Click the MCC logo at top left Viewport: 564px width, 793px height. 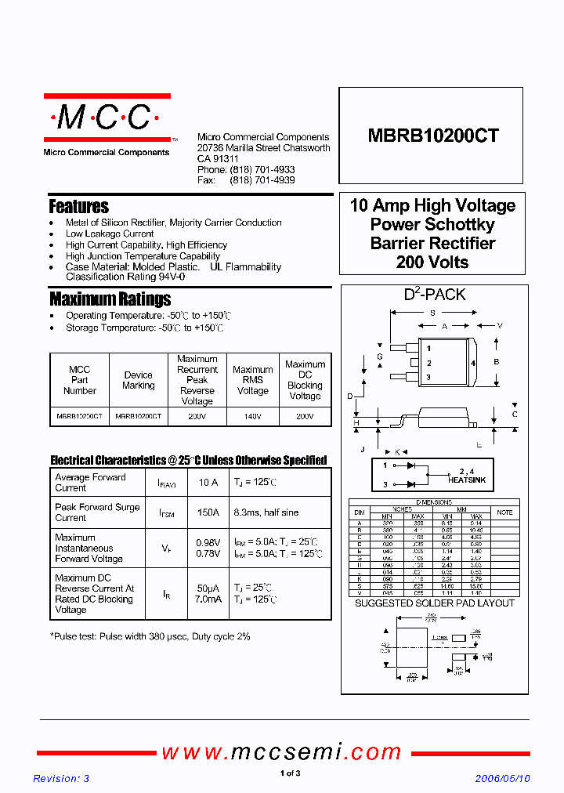pyautogui.click(x=106, y=118)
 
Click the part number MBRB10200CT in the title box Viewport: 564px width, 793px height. pyautogui.click(x=433, y=136)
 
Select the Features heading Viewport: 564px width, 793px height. pyautogui.click(x=78, y=207)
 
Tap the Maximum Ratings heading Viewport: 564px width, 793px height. pyautogui.click(x=110, y=299)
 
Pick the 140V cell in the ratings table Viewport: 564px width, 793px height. pyautogui.click(x=252, y=417)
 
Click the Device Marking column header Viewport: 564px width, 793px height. pyautogui.click(x=139, y=380)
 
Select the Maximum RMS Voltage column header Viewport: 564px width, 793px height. pyautogui.click(x=252, y=380)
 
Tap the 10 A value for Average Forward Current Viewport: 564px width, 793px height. pyautogui.click(x=208, y=483)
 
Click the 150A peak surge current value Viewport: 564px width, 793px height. pyautogui.click(x=208, y=512)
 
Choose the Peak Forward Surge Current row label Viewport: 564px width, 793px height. pyautogui.click(x=97, y=512)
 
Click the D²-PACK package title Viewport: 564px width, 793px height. pyautogui.click(x=434, y=295)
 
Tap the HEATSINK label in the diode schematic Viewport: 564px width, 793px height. pyautogui.click(x=467, y=480)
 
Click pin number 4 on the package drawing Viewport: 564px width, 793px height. pyautogui.click(x=473, y=364)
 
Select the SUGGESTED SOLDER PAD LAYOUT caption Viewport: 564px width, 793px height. pyautogui.click(x=435, y=603)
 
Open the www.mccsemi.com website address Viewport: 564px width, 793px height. pyautogui.click(x=281, y=752)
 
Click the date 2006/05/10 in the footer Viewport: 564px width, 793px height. pyautogui.click(x=502, y=778)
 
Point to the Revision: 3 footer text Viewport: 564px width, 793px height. pyautogui.click(x=61, y=778)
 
